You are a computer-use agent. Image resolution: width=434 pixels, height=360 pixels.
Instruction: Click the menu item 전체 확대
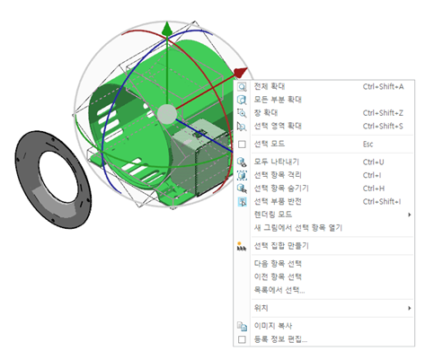click(270, 86)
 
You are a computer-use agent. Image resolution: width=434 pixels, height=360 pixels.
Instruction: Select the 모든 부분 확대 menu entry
click(278, 100)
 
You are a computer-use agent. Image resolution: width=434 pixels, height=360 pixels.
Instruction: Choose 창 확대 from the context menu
click(266, 113)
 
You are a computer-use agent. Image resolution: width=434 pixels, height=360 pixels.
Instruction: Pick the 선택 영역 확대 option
click(278, 126)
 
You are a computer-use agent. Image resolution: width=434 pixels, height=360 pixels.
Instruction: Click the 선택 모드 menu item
click(270, 144)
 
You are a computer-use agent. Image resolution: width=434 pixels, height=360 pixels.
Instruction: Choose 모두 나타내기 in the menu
click(277, 162)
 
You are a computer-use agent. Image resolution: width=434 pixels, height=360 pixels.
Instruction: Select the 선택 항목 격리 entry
click(278, 175)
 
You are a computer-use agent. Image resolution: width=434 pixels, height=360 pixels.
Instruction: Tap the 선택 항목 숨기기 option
click(281, 189)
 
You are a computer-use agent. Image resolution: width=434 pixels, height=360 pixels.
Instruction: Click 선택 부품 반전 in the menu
click(278, 201)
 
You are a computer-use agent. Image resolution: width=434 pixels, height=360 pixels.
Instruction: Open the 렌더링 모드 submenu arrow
click(409, 215)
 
